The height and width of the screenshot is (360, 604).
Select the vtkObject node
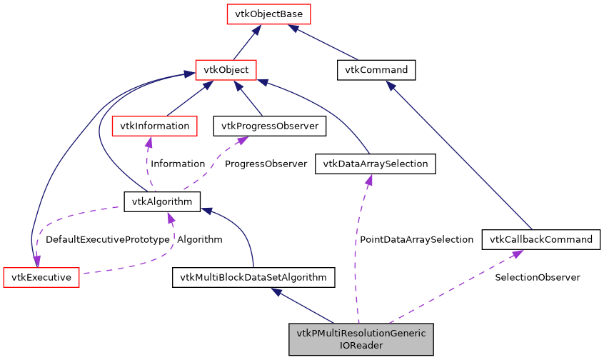click(x=226, y=70)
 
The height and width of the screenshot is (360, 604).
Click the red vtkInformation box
click(x=154, y=126)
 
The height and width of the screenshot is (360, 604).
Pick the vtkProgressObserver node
click(x=270, y=126)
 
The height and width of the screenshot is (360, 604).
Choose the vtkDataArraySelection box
click(x=375, y=164)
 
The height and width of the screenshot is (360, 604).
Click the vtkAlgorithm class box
click(x=162, y=201)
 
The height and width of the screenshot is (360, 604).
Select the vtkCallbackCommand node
click(x=540, y=239)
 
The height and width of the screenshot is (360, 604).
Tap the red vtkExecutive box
click(x=41, y=277)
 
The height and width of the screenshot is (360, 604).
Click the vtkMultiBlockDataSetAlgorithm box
click(x=253, y=277)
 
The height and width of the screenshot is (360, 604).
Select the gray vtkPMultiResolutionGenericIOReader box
click(x=361, y=339)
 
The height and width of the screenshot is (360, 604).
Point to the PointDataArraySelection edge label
click(x=416, y=240)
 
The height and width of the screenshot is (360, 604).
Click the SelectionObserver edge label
click(x=537, y=277)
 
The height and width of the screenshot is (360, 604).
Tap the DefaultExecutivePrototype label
click(x=107, y=240)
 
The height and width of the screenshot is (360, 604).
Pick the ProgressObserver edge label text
click(x=266, y=164)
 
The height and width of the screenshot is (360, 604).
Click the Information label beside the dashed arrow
click(x=177, y=164)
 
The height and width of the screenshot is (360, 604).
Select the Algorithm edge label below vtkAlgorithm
click(x=199, y=240)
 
